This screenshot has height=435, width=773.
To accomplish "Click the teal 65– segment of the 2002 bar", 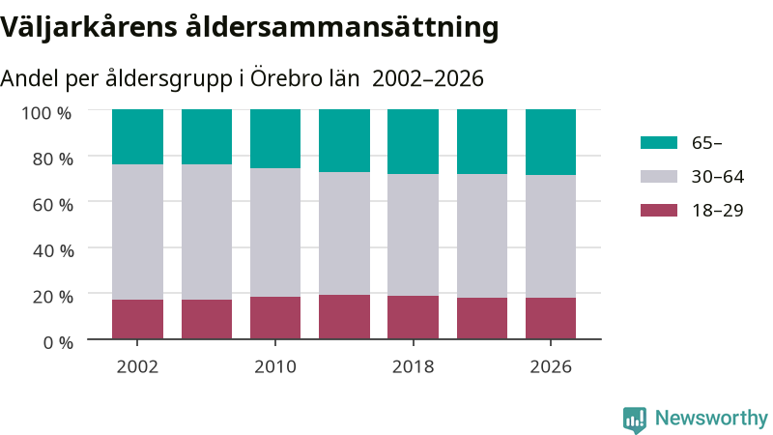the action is click(137, 136).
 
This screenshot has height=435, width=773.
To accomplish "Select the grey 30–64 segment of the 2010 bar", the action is click(275, 232).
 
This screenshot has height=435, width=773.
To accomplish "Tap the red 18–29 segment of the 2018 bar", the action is click(414, 317).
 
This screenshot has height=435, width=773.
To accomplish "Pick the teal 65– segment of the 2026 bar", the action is click(551, 142).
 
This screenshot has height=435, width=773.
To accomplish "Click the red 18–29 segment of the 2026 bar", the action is click(551, 318).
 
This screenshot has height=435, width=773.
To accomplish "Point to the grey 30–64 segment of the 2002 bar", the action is click(137, 232).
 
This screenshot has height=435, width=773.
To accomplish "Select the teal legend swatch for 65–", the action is click(659, 142).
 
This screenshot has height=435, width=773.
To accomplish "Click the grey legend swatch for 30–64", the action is click(659, 177).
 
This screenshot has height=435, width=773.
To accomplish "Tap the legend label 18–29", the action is click(717, 211).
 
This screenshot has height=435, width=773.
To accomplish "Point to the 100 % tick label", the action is click(46, 113).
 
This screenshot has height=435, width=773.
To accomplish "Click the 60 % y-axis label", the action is click(53, 205).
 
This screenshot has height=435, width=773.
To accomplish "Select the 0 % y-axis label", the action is click(58, 342).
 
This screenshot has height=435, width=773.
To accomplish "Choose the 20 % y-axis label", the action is click(53, 297).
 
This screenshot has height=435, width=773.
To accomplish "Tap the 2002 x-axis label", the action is click(137, 367).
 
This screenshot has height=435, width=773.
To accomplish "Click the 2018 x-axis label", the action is click(414, 367).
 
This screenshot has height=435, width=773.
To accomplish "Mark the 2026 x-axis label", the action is click(551, 367).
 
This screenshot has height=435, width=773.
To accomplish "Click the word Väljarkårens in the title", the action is click(88, 28).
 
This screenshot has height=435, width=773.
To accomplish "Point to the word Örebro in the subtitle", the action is click(280, 78).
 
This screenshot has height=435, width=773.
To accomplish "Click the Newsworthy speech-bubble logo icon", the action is click(635, 420).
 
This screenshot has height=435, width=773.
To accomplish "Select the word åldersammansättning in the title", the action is click(342, 28).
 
